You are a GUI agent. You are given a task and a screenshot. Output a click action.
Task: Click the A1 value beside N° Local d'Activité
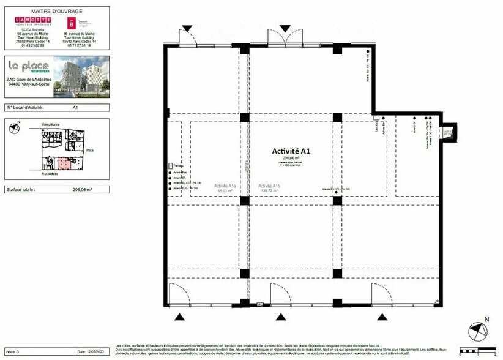click(x=75, y=107)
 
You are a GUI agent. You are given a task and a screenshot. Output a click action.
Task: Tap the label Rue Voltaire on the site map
click(x=50, y=174)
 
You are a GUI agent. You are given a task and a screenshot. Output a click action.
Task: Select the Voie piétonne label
click(x=50, y=124)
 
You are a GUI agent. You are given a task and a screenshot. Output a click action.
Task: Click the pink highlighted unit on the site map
click(x=64, y=162)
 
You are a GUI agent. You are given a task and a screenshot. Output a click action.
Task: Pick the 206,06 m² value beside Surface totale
click(x=82, y=190)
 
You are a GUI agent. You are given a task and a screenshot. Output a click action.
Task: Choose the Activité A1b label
click(x=269, y=186)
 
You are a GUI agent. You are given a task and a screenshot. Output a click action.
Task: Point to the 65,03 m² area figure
click(x=226, y=192)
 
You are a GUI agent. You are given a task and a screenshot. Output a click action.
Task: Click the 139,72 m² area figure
click(x=269, y=192)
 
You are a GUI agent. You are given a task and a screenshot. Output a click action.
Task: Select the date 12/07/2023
click(x=89, y=351)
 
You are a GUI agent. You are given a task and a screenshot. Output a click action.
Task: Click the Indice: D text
click(x=13, y=351)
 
